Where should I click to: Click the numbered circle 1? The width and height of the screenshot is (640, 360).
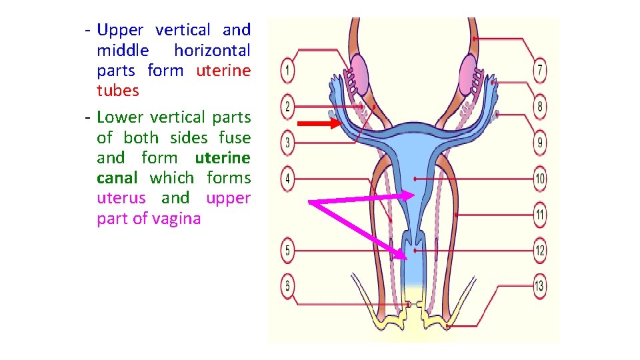[x=287, y=69]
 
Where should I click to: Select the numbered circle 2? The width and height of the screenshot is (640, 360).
[x=287, y=107]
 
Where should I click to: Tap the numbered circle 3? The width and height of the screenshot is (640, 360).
[x=287, y=142]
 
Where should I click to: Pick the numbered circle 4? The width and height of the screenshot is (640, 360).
[x=287, y=179]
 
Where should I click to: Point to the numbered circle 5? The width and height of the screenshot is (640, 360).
[x=287, y=251]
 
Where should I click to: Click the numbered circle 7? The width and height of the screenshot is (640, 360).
[x=540, y=69]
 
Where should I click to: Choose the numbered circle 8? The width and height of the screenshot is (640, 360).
[x=540, y=106]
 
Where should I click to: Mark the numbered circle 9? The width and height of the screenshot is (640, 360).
[x=540, y=142]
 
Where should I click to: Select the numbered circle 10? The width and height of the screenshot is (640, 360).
[x=540, y=179]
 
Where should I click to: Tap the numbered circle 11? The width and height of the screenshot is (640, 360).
[x=540, y=215]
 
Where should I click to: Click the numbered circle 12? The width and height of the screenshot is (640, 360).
[x=540, y=251]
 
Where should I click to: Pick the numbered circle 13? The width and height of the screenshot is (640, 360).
[x=540, y=287]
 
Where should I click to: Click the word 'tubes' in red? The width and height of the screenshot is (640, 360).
[x=118, y=91]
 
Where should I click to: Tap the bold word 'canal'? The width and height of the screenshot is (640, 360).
[x=117, y=178]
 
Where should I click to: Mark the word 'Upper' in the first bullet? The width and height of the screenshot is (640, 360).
[x=120, y=30]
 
